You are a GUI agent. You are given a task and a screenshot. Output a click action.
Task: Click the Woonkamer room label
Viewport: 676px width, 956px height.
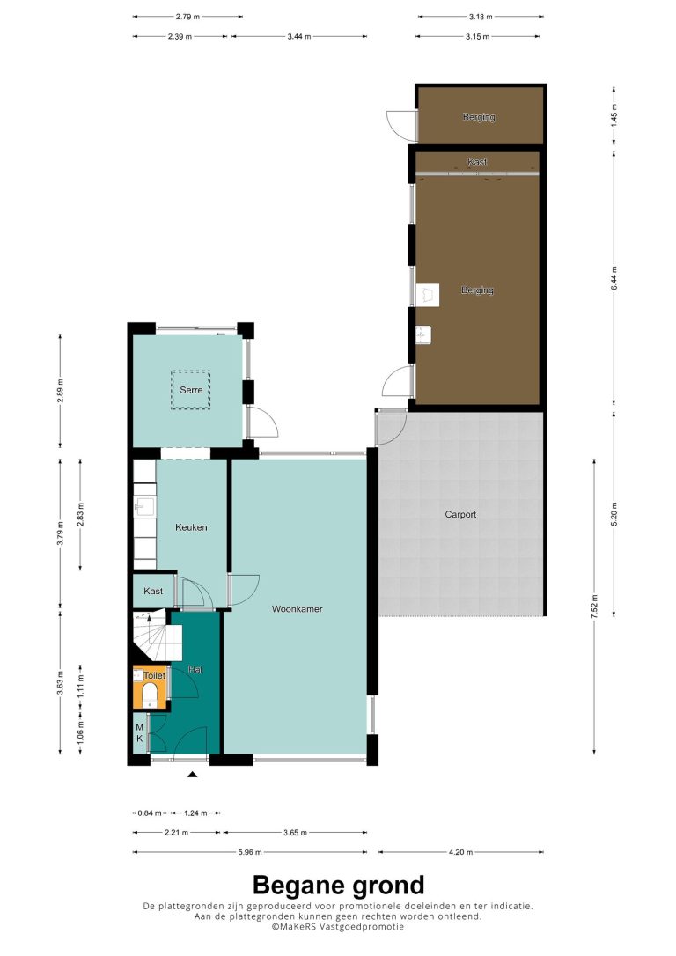[x=297, y=608]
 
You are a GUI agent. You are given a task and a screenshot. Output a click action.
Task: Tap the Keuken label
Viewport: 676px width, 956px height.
[x=191, y=527]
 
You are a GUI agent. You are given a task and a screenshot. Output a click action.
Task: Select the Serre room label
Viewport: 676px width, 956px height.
[x=191, y=390]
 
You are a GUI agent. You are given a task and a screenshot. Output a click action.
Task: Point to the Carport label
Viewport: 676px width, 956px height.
[x=460, y=515]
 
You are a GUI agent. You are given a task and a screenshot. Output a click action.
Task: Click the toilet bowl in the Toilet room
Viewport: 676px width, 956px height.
[x=150, y=694]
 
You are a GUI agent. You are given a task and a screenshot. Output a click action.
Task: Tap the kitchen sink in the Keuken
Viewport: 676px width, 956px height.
[x=144, y=506]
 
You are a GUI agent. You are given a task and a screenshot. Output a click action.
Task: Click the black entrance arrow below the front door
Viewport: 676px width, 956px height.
[x=193, y=775]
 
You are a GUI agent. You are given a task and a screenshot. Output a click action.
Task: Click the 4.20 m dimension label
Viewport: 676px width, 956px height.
[x=460, y=852]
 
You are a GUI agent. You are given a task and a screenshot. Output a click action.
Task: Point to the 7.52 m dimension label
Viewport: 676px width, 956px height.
[x=594, y=607]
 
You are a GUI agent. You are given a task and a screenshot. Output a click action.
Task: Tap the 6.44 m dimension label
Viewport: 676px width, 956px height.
[x=614, y=278]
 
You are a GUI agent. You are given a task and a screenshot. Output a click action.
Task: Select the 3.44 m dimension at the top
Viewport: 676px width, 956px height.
[x=298, y=37]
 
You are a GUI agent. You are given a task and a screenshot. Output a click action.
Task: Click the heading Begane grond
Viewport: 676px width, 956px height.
[x=338, y=885]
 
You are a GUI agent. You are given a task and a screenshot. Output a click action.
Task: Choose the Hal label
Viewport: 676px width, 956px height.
[x=195, y=669]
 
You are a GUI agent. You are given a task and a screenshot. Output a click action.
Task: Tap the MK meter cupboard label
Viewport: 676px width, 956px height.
[x=140, y=733]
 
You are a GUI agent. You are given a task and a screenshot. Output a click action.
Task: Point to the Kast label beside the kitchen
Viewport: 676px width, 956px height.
[x=153, y=591]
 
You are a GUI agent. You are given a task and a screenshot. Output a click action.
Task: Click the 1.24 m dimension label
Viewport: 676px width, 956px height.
[x=195, y=813]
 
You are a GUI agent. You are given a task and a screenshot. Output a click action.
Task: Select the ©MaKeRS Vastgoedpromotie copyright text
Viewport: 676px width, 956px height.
[x=338, y=926]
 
